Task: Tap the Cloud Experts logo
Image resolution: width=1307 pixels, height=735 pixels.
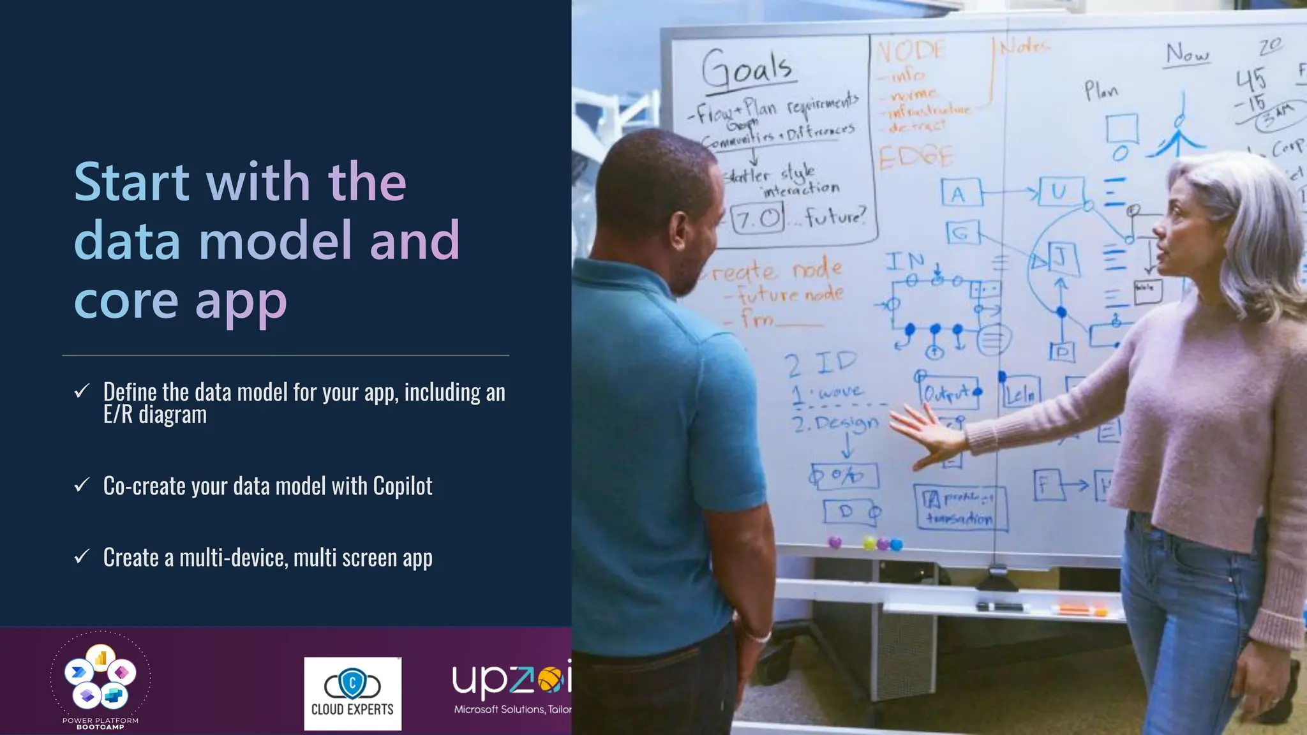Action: coord(352,694)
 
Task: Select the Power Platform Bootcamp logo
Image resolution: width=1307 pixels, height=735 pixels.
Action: coord(100,680)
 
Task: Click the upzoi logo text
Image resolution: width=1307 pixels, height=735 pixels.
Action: coord(511,681)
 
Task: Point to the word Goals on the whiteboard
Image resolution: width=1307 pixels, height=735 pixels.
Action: coord(747,68)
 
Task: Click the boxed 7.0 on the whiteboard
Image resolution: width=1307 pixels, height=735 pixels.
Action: coord(757,219)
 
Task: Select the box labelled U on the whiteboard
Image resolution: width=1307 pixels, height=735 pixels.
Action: coord(1060,191)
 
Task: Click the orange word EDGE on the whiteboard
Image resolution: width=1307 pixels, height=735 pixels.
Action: coord(916,156)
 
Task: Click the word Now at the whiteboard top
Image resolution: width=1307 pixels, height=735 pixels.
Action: coord(1187,54)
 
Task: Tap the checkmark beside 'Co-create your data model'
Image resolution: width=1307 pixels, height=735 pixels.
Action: coord(82,486)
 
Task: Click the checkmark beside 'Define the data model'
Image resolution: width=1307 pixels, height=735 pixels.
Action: coord(82,391)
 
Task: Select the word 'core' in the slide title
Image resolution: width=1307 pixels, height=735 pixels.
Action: coord(126,301)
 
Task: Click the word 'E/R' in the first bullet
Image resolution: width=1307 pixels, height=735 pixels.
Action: coord(118,415)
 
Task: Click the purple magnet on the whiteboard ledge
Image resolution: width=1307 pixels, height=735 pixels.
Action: coord(835,542)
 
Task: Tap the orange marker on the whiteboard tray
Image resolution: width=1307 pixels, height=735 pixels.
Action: coord(1079,610)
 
